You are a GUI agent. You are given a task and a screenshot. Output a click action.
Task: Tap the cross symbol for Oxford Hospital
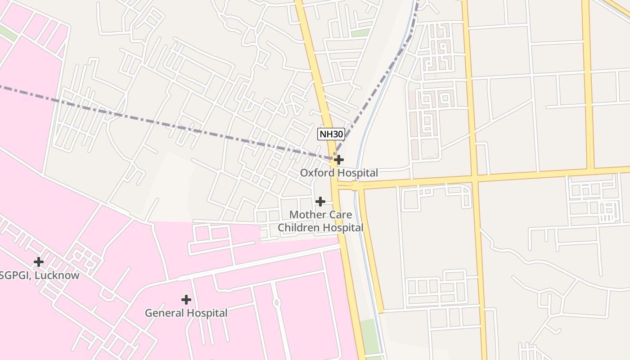pos(338,160)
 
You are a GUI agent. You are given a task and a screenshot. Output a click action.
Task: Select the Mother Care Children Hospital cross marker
pos(320,201)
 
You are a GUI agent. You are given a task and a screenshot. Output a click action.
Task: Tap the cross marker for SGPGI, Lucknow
pos(39,261)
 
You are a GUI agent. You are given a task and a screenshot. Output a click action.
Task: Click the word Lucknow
pos(57,275)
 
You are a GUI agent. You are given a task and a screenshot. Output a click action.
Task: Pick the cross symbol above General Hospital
pos(186,299)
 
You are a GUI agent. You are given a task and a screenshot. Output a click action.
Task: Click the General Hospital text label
pos(186,313)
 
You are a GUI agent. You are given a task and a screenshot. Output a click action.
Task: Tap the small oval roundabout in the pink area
pos(276,303)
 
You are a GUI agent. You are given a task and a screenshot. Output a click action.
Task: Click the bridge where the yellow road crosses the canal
pos(355,186)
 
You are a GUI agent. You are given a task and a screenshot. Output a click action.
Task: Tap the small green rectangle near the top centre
pos(360,33)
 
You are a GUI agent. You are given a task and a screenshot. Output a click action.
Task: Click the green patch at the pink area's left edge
pos(8,32)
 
